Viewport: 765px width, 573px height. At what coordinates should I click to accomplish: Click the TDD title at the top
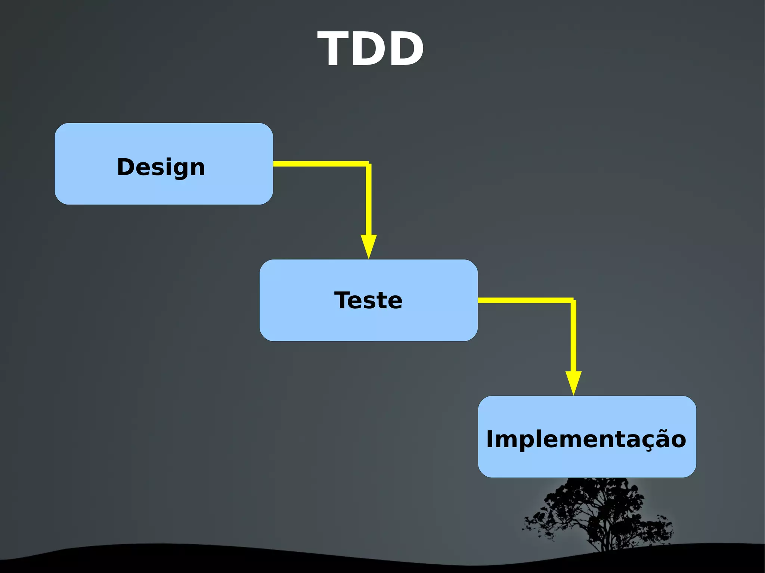tap(371, 49)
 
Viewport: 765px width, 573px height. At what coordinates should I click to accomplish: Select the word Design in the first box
tap(161, 167)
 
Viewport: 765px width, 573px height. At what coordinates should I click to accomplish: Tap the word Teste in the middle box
tap(368, 300)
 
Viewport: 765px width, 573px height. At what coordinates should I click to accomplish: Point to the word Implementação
tap(586, 439)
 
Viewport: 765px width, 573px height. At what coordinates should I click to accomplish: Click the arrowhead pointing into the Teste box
tap(368, 246)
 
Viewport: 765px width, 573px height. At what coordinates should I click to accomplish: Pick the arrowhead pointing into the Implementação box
tap(573, 383)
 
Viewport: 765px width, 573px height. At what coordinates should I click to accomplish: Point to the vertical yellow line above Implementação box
tap(573, 336)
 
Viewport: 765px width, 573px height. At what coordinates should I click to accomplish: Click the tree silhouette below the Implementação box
tap(598, 511)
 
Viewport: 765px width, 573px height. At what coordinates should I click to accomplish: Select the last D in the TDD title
tap(405, 49)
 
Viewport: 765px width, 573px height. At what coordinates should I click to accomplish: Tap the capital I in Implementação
tap(490, 439)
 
